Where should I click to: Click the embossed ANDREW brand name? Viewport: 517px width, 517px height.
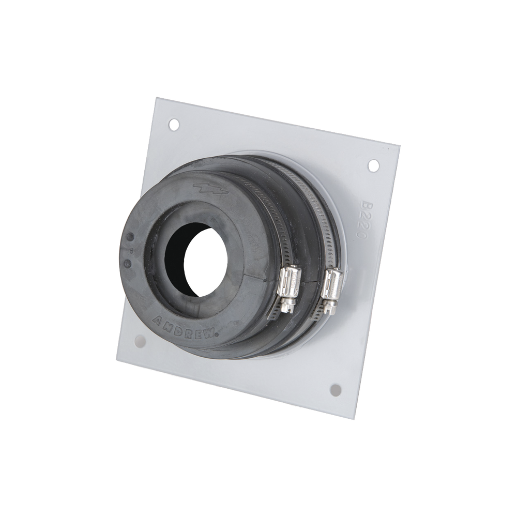point(185,327)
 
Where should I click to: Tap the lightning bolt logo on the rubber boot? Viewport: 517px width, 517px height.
point(210,189)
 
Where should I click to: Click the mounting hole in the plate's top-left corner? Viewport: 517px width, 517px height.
point(174,125)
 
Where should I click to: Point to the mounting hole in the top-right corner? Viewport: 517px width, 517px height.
point(373,165)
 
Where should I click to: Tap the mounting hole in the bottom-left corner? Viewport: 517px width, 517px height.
point(140,341)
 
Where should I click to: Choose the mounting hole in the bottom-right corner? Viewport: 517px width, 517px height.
point(336,390)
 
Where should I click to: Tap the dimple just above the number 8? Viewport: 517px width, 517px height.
point(130,237)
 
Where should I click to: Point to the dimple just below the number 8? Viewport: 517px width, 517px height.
point(128,263)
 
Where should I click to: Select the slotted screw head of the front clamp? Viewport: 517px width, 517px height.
point(287,306)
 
